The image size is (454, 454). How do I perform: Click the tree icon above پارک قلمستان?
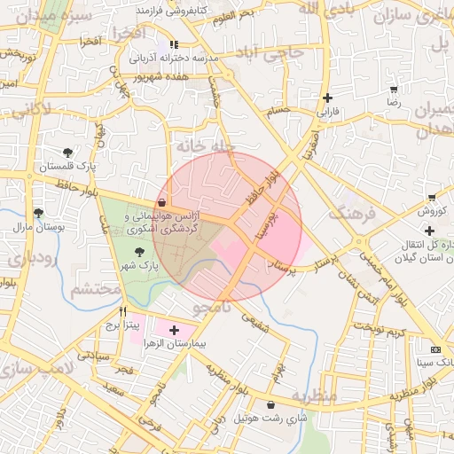click(69, 152)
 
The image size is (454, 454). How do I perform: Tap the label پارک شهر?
click(140, 265)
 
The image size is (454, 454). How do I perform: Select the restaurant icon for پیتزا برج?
click(122, 311)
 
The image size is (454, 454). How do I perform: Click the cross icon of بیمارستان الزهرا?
click(173, 329)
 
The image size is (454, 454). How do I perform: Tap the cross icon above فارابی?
click(328, 98)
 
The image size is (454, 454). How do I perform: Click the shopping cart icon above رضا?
click(393, 90)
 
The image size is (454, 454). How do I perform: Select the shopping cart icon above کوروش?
click(431, 197)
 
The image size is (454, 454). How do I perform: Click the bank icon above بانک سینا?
click(434, 349)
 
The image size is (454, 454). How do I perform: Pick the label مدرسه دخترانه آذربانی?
click(174, 58)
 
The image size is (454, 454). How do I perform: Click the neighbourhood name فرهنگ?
click(348, 213)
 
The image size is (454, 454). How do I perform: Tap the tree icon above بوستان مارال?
click(38, 213)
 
